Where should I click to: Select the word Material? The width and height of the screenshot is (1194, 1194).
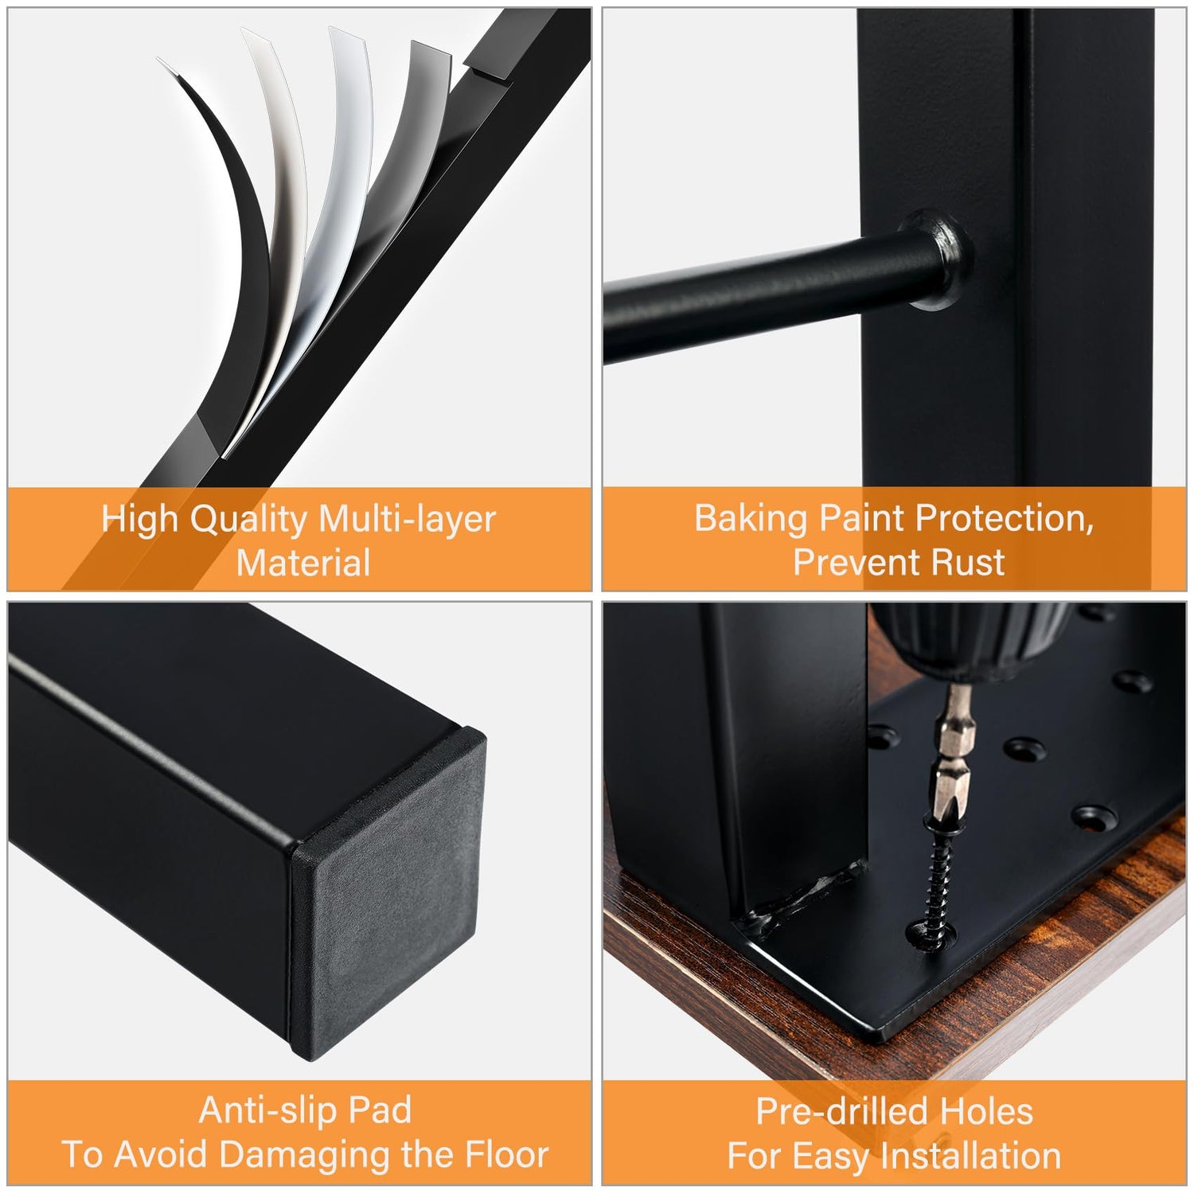pos(303,563)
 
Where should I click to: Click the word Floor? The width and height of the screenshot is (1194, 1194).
pos(507,1154)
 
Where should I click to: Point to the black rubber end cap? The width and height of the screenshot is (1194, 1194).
pos(388,892)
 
